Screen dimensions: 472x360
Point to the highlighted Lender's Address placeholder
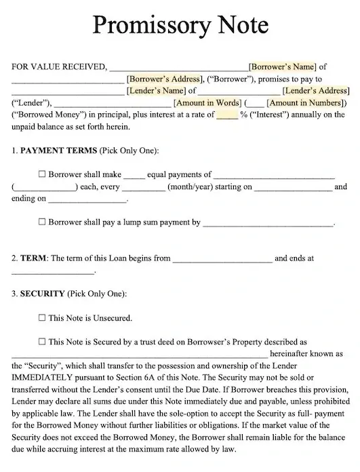(316, 90)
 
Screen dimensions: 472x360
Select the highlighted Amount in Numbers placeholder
(305, 102)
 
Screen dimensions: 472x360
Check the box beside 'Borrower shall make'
(43, 174)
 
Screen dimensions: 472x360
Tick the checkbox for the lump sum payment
(43, 222)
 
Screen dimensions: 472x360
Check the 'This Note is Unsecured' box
(43, 317)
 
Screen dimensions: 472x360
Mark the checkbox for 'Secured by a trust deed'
(43, 341)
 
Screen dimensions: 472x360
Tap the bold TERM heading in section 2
(34, 258)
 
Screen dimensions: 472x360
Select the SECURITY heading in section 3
(42, 294)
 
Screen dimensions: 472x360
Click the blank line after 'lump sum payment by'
(268, 223)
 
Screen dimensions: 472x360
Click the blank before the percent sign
(227, 115)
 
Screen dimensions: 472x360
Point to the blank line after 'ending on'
(87, 199)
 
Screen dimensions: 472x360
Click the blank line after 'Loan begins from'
(222, 259)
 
